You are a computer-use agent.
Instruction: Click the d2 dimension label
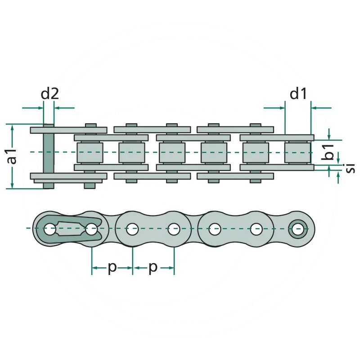[x=49, y=94]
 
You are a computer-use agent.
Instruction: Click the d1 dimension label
[x=298, y=94]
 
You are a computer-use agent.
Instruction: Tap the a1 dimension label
[x=12, y=156]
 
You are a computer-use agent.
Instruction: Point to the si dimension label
[x=350, y=168]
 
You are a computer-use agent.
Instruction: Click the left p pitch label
[x=112, y=268]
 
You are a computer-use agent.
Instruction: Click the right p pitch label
[x=153, y=268]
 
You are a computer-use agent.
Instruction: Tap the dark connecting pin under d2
[x=49, y=156]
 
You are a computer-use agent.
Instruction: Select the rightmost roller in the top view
[x=298, y=152]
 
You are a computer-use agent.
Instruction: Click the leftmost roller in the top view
[x=90, y=152]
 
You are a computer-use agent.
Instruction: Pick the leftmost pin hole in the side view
[x=49, y=229]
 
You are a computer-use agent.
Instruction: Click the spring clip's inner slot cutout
[x=71, y=229]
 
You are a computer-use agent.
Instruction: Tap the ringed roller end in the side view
[x=298, y=229]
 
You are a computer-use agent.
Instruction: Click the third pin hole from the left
[x=132, y=229]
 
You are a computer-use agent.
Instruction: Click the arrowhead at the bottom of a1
[x=12, y=184]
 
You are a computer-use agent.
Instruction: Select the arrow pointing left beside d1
[x=321, y=108]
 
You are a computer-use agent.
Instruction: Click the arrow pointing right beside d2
[x=33, y=108]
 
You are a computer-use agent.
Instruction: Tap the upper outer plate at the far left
[x=68, y=130]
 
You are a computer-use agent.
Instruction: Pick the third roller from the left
[x=172, y=152]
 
